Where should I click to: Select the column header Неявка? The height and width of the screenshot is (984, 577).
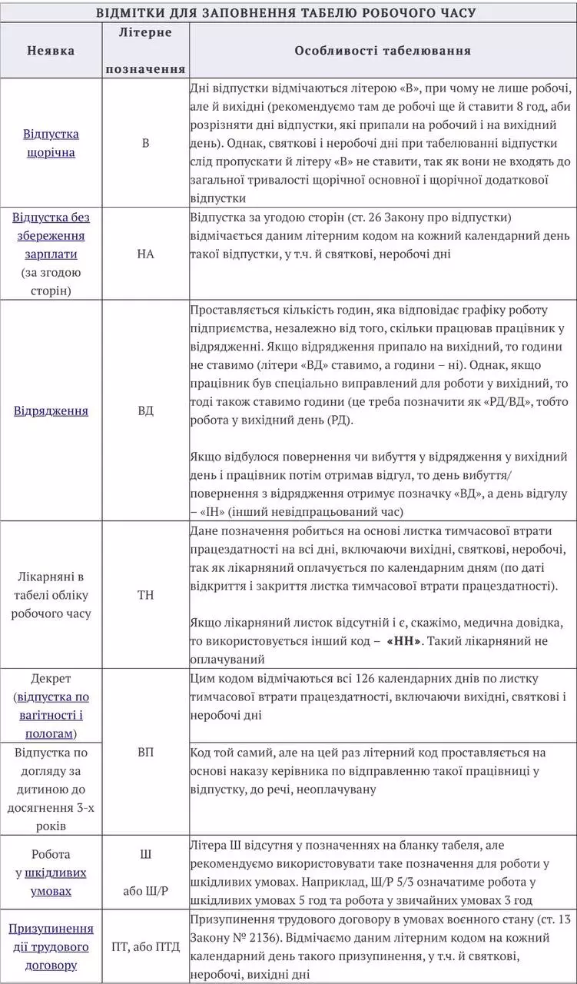[51, 51]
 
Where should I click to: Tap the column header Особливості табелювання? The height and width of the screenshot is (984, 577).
[382, 51]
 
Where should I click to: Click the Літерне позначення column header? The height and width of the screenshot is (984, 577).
[145, 51]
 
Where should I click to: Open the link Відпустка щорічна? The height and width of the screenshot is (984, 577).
[51, 143]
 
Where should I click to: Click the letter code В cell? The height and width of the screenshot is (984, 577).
[145, 143]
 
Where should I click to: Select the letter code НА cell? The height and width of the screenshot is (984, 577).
[145, 254]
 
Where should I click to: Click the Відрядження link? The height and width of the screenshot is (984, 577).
[51, 411]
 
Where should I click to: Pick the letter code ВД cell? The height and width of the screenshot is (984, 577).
[145, 411]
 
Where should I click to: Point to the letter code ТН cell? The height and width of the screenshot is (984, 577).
[145, 595]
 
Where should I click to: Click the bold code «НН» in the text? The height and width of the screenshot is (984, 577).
[404, 641]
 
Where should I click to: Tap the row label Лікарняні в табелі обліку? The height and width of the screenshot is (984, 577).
[51, 595]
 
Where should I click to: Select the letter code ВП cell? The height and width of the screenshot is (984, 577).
[145, 752]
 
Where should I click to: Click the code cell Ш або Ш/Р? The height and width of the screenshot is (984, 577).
[145, 873]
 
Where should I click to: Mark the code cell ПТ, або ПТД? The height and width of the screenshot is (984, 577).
[145, 946]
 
